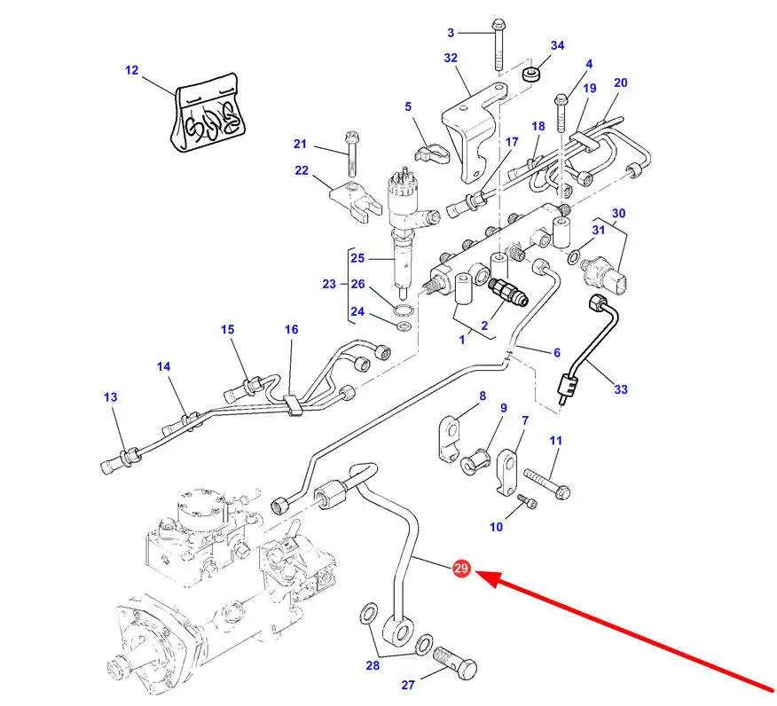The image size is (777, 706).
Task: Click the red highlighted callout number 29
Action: click(460, 569)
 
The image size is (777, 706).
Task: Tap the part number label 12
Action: click(132, 70)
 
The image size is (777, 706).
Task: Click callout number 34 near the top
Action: click(557, 45)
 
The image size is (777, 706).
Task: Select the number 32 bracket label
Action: click(451, 58)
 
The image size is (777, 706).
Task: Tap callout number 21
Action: click(300, 145)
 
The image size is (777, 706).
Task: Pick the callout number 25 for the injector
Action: click(357, 258)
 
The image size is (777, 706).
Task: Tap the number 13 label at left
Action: click(110, 397)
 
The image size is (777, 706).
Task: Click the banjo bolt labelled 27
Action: click(454, 662)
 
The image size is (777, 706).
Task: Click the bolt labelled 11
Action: click(545, 485)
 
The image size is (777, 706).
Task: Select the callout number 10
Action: click(496, 527)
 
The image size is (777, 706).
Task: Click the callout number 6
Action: click(557, 352)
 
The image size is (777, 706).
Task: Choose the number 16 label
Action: click(292, 330)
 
